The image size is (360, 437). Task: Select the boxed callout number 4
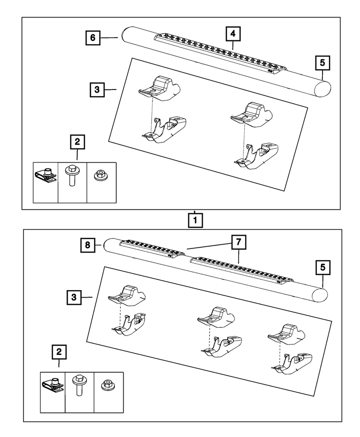pos(233,33)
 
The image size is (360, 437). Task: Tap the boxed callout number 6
pos(93,38)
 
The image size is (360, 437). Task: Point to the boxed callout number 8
pos(87,246)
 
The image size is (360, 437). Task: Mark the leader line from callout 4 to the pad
pos(233,44)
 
